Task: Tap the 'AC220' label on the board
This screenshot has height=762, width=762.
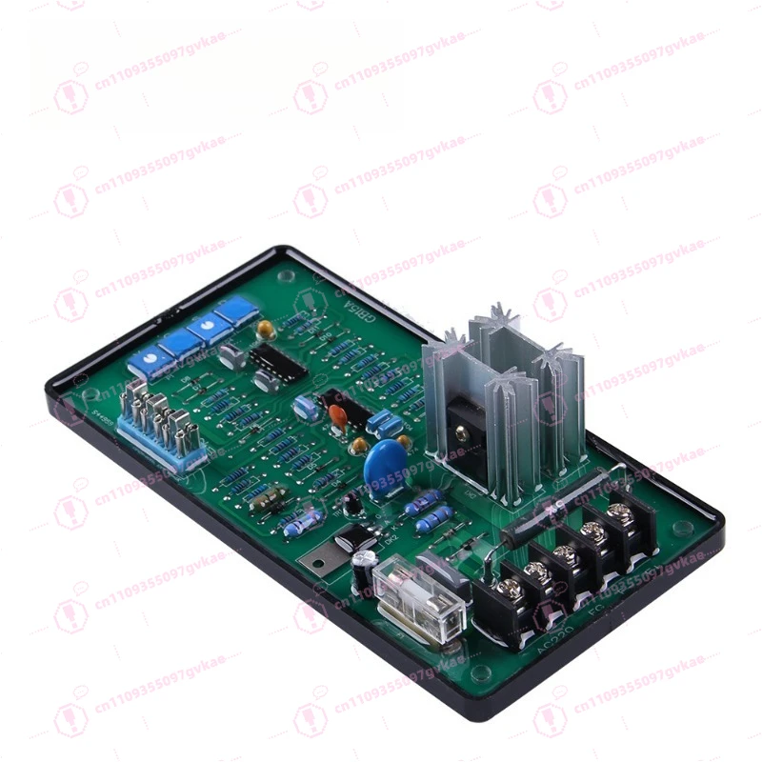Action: [x=550, y=650]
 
